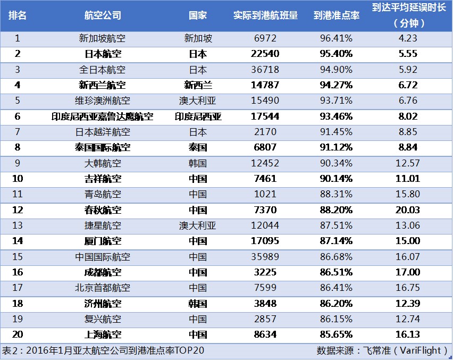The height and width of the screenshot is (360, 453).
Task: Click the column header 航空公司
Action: pyautogui.click(x=103, y=15)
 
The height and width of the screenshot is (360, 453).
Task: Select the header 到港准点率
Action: pyautogui.click(x=336, y=15)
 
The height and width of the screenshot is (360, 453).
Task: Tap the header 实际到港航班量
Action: pyautogui.click(x=266, y=15)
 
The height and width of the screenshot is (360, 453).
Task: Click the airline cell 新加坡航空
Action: pyautogui.click(x=102, y=38)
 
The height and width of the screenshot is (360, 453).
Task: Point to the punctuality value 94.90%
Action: pyautogui.click(x=336, y=70)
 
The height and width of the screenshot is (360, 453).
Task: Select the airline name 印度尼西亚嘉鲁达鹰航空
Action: pyautogui.click(x=102, y=116)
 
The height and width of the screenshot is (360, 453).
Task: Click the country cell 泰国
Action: pyautogui.click(x=198, y=147)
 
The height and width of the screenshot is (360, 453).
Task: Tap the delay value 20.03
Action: pyautogui.click(x=408, y=210)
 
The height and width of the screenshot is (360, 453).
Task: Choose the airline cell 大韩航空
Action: pyautogui.click(x=102, y=163)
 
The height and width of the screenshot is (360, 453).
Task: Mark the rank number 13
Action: pyautogui.click(x=18, y=225)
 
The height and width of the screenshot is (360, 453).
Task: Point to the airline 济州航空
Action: pyautogui.click(x=102, y=304)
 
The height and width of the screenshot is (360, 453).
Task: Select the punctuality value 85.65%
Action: pyautogui.click(x=336, y=335)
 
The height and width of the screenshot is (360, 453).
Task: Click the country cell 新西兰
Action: pyautogui.click(x=198, y=85)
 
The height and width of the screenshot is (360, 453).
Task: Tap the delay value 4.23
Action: pyautogui.click(x=408, y=38)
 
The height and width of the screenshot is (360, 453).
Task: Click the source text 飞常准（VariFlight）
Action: pyautogui.click(x=405, y=351)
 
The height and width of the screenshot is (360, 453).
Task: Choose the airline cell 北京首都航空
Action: pyautogui.click(x=102, y=288)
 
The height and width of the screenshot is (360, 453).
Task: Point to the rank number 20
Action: pyautogui.click(x=18, y=335)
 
